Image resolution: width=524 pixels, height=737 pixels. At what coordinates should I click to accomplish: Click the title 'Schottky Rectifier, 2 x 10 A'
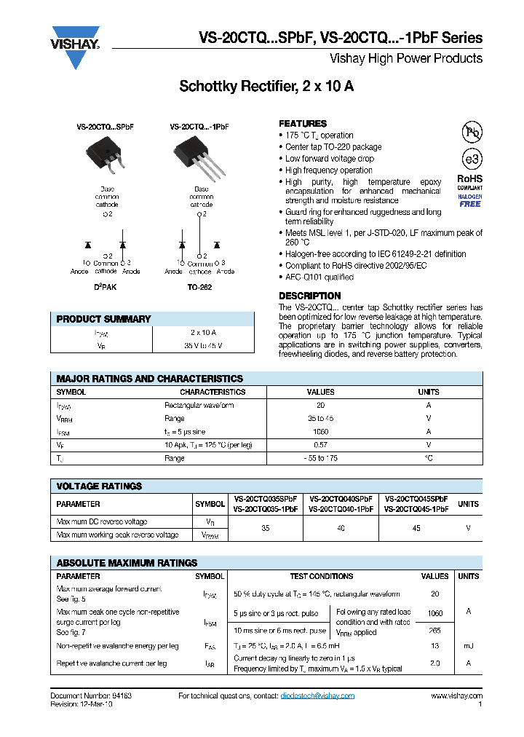coord(266,87)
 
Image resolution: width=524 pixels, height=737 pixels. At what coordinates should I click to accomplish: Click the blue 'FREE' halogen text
coord(469,204)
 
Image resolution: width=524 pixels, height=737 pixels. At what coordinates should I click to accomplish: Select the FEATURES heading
coord(303,124)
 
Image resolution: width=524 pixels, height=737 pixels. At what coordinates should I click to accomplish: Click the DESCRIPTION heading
coord(309,296)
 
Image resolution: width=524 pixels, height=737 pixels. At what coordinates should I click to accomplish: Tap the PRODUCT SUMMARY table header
coord(104,319)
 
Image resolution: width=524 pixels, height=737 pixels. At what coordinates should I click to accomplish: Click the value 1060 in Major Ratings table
coord(320,432)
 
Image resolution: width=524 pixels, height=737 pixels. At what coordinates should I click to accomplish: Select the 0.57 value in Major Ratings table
coord(320,445)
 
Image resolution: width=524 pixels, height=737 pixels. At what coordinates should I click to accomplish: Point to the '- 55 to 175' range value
coord(320,458)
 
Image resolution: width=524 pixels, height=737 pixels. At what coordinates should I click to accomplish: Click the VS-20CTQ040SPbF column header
coord(341,500)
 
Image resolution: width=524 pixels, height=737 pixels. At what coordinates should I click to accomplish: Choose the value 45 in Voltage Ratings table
coord(416,528)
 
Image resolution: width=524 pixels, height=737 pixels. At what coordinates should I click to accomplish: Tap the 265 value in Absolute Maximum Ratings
coord(434,631)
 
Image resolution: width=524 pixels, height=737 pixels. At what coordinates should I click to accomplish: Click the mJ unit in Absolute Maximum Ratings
coord(468,646)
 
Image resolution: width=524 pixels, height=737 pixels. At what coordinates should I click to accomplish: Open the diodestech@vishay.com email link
coord(317,696)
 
